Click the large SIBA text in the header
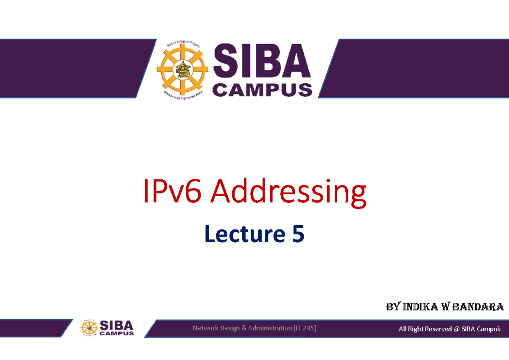click(262, 63)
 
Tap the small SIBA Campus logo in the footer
click(108, 328)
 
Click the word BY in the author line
click(392, 307)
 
